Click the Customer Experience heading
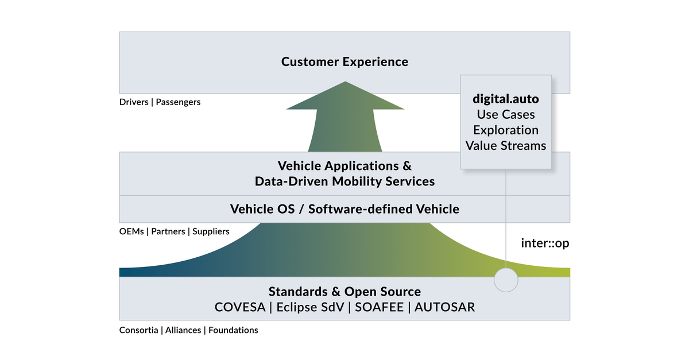[344, 61]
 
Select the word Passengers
[179, 103]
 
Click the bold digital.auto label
[505, 99]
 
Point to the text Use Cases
[505, 114]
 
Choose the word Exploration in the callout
[505, 130]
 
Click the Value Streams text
[505, 145]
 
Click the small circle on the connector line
[506, 280]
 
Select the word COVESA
[240, 307]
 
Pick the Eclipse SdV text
[310, 307]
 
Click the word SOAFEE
[377, 307]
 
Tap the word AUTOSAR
[444, 307]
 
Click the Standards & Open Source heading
[344, 291]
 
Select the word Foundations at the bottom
[233, 330]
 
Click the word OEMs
[131, 231]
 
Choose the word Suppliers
[211, 231]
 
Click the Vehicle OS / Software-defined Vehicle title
[344, 209]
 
